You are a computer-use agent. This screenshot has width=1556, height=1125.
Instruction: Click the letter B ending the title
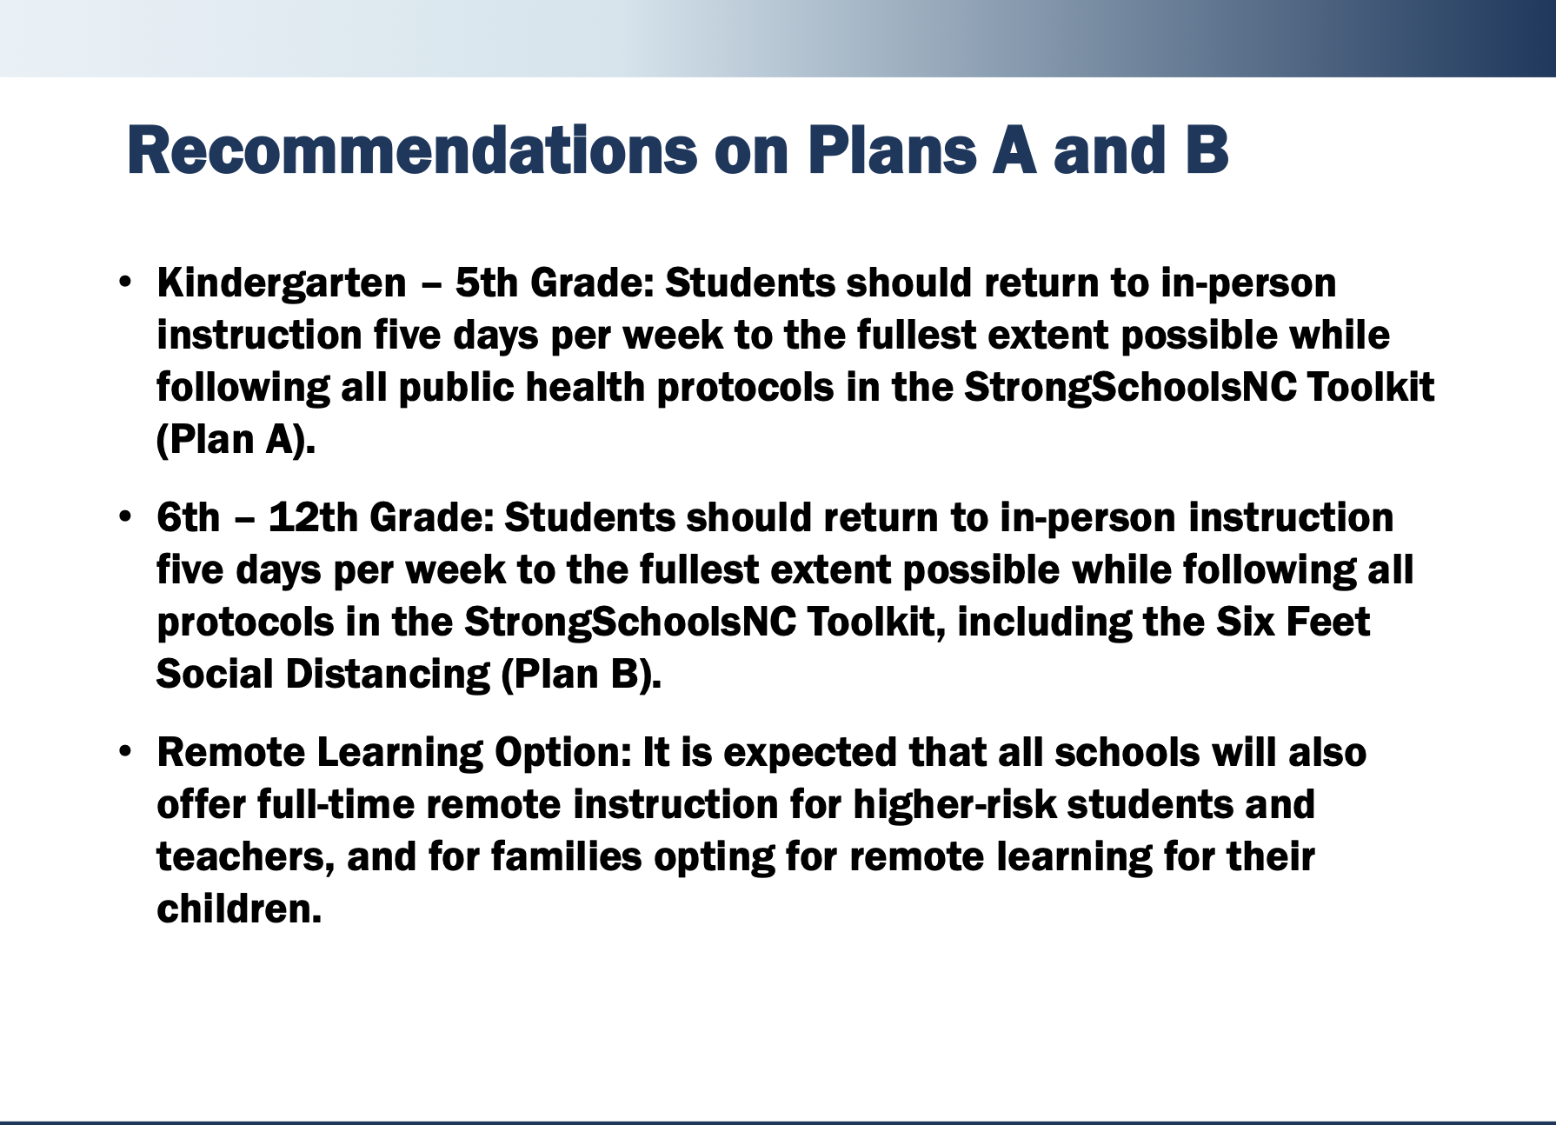pos(1205,151)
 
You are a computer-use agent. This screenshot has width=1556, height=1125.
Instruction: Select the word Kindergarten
pos(282,283)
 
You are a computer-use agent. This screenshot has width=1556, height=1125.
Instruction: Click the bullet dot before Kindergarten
pos(126,282)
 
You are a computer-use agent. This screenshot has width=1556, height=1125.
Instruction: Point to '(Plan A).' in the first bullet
pos(236,440)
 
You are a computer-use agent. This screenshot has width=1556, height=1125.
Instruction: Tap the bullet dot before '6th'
pos(126,516)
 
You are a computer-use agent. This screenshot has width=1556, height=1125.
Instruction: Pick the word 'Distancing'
pos(388,675)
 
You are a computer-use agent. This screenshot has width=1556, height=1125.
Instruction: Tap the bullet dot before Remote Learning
pos(126,751)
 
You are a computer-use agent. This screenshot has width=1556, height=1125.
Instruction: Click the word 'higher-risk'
pos(954,805)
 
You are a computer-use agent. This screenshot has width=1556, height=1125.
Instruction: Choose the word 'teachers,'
pos(245,857)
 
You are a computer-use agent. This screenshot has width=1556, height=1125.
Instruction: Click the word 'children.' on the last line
pos(239,909)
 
